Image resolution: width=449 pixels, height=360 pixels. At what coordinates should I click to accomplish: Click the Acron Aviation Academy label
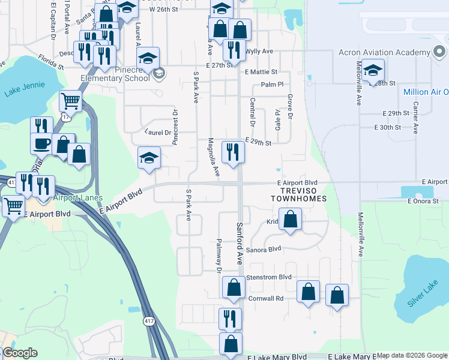(x=385, y=52)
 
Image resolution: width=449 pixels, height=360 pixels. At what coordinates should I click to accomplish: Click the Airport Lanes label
(x=77, y=197)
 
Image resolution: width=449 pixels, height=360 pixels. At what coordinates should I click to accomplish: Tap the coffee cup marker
(x=41, y=144)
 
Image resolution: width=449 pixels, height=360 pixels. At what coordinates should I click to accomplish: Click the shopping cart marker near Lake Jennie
(x=70, y=102)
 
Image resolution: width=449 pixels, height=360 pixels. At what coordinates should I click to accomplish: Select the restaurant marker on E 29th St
(x=232, y=152)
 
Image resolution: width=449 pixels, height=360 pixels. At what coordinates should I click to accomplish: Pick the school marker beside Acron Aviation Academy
(x=373, y=70)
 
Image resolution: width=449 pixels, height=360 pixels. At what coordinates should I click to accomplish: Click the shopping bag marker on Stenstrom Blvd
(x=233, y=287)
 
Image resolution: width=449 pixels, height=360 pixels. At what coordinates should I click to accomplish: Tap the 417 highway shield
(x=148, y=322)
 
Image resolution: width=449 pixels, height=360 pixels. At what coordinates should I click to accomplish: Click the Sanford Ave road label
(x=239, y=244)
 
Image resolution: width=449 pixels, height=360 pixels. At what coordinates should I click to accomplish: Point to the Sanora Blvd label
(x=264, y=249)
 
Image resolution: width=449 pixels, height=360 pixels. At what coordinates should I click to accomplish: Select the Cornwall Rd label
(x=267, y=298)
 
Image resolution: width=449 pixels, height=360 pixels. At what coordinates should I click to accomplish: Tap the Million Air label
(x=425, y=92)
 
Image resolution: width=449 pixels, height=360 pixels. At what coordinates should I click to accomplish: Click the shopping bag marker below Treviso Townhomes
(x=291, y=219)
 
